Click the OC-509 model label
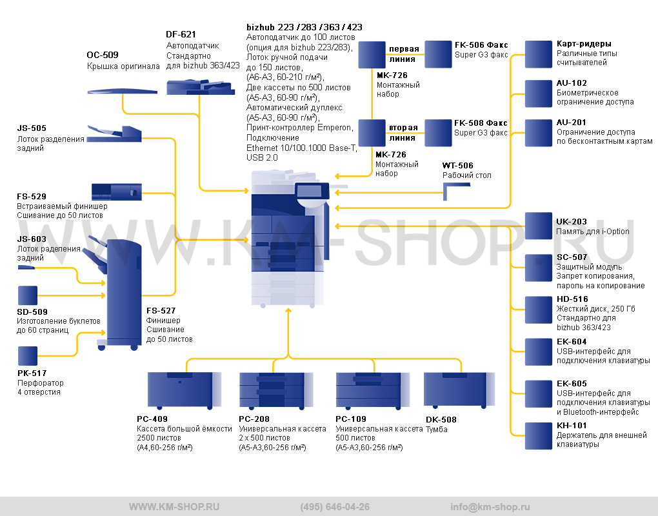103,55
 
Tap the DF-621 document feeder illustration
201,87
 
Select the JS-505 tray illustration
114,134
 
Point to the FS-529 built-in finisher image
117,192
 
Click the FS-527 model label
161,310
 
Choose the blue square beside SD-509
28,295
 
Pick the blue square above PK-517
28,356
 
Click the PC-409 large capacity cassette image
184,390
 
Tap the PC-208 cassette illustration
276,390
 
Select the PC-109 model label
351,419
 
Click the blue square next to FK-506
438,54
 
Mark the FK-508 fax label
481,123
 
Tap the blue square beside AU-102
539,94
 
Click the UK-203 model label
572,221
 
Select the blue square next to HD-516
539,310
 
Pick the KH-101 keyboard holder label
572,426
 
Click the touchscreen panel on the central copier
310,192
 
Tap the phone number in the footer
335,507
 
